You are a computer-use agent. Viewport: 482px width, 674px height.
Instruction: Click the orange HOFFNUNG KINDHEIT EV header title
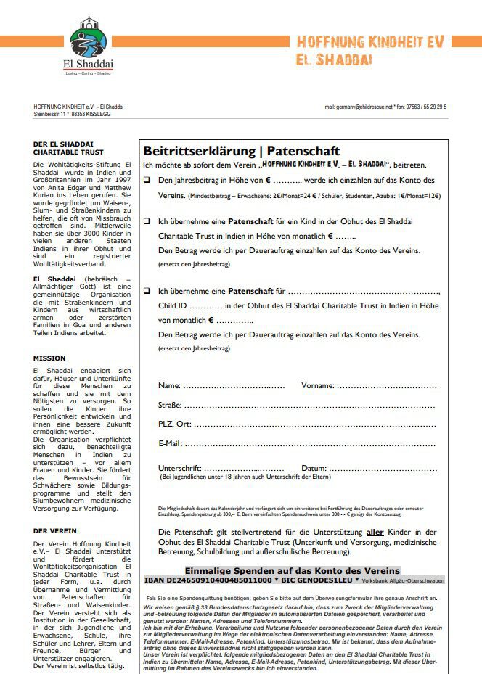click(370, 43)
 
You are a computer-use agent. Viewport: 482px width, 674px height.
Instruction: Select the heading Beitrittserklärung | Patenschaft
click(241, 151)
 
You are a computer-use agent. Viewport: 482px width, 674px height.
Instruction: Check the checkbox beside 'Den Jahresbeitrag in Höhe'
click(147, 180)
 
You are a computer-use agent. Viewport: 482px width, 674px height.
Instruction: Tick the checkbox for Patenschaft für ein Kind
click(147, 221)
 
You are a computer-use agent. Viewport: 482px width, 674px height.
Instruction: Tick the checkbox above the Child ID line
click(147, 290)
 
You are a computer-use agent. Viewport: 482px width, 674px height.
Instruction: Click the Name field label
click(169, 385)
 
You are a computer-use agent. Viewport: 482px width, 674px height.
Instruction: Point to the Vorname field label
click(317, 385)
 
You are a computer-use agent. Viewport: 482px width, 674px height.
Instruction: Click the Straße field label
click(171, 404)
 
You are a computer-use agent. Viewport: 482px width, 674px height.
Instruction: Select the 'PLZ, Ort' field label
click(174, 424)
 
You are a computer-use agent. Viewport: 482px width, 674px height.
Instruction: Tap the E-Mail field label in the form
click(171, 443)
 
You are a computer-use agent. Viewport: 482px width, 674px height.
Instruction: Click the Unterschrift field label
click(179, 468)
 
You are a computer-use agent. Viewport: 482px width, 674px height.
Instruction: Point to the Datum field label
click(314, 468)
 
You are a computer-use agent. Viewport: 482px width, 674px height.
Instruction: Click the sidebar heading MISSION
click(49, 358)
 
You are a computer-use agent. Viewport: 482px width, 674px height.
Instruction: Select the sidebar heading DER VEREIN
click(54, 531)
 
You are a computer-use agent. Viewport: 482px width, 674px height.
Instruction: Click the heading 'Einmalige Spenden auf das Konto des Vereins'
click(292, 570)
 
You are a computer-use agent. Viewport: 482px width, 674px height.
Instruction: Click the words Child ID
click(172, 305)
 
